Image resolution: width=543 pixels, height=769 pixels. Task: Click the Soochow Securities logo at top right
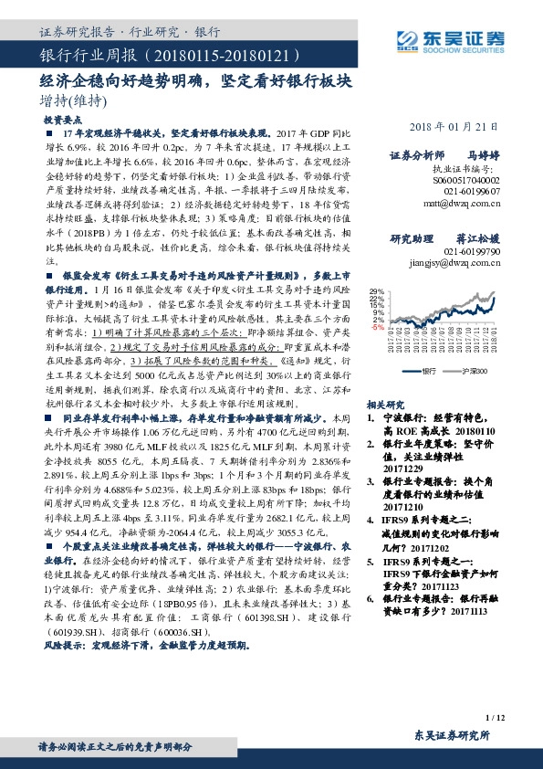pyautogui.click(x=448, y=38)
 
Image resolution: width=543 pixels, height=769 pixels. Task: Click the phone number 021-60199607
pyautogui.click(x=474, y=193)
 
